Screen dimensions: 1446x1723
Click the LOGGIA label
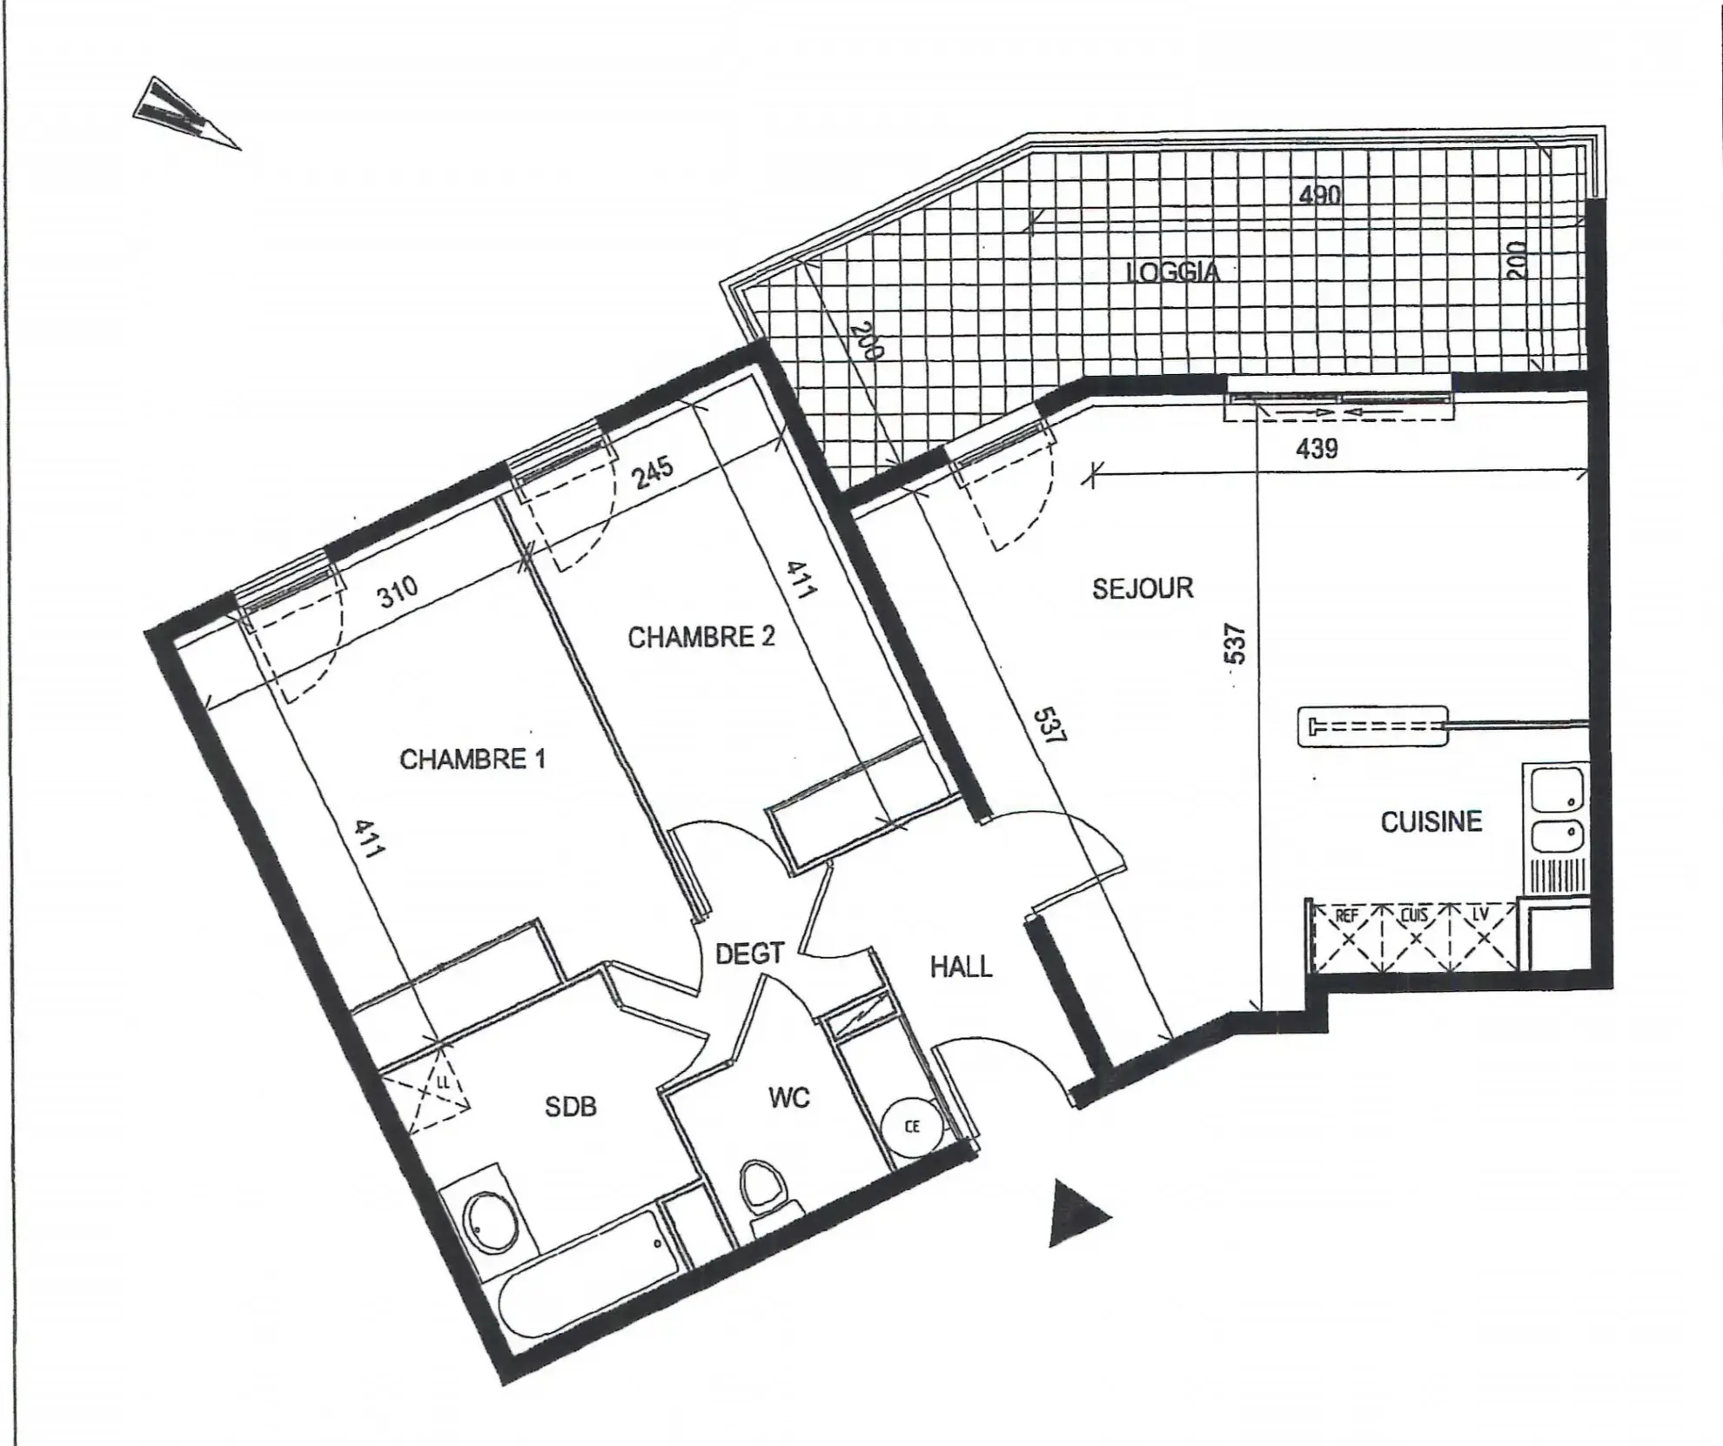(x=1172, y=272)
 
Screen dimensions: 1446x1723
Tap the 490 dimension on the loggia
(x=1319, y=195)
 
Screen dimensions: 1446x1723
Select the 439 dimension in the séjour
(x=1317, y=449)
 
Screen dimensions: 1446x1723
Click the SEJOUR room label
(x=1143, y=589)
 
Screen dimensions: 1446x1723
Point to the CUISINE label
(x=1431, y=821)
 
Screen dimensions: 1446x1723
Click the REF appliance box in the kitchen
(x=1347, y=937)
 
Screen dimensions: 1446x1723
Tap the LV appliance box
(x=1483, y=937)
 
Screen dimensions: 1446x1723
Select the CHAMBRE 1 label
(x=473, y=760)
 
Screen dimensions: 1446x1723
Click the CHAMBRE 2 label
(x=701, y=638)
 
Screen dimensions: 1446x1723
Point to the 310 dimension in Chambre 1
(x=397, y=592)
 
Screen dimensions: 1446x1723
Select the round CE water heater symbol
(x=910, y=1127)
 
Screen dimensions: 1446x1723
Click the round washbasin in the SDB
(x=489, y=1222)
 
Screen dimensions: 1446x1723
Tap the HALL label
(x=961, y=967)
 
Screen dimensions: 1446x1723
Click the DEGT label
(x=749, y=954)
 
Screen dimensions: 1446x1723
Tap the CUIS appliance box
(x=1415, y=937)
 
